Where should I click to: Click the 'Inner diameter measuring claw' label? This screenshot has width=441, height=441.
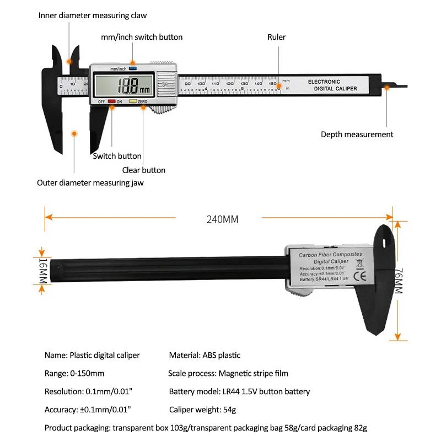tap(92, 15)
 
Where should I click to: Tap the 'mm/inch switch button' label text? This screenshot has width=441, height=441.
tap(142, 37)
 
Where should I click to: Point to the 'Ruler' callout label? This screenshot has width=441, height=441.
tap(277, 37)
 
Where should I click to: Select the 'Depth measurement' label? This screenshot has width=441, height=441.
tap(357, 134)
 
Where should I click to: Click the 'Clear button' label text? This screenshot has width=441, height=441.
tap(143, 170)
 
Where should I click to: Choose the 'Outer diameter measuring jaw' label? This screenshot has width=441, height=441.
tap(90, 183)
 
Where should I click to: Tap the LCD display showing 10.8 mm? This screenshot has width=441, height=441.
tap(125, 85)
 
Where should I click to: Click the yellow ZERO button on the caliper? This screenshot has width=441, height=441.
tap(132, 101)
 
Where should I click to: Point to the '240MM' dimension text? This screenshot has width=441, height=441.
tap(222, 219)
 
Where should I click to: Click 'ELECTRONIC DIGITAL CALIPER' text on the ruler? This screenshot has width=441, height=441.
tap(327, 85)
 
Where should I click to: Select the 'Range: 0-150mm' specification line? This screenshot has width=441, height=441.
tap(74, 373)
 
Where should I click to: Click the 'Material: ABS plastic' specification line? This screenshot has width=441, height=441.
tap(205, 355)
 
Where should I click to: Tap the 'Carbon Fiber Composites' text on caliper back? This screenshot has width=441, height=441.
tap(330, 255)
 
